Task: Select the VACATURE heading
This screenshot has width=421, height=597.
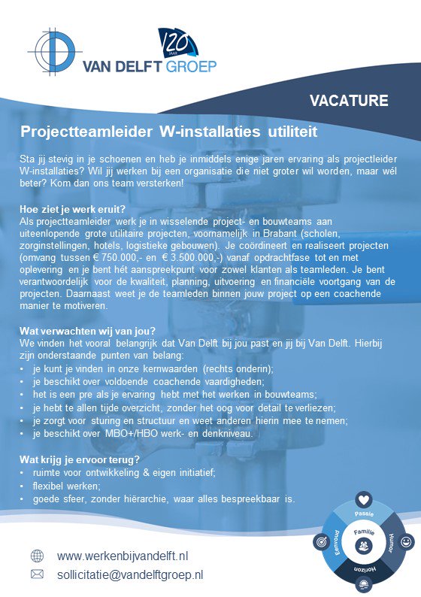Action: pyautogui.click(x=349, y=100)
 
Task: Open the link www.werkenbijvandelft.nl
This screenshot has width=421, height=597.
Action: pyautogui.click(x=123, y=556)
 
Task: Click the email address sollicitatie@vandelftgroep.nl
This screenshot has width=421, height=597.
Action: pyautogui.click(x=130, y=574)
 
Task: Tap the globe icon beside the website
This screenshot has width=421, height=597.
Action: pyautogui.click(x=37, y=556)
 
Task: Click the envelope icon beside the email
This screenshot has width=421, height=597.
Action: pyautogui.click(x=37, y=574)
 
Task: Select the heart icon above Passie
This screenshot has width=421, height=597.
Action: pyautogui.click(x=363, y=499)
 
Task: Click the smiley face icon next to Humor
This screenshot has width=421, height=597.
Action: pyautogui.click(x=407, y=541)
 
